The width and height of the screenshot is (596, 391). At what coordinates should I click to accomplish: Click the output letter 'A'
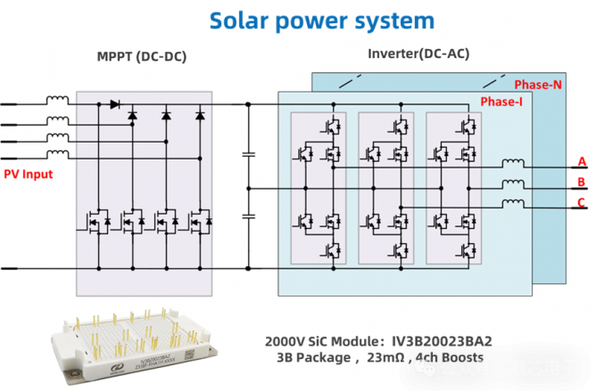[582, 161]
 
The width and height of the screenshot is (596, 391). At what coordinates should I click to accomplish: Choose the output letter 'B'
[582, 183]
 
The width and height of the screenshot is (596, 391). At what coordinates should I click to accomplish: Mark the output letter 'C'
[582, 203]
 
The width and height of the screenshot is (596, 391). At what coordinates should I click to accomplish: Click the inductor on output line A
[514, 164]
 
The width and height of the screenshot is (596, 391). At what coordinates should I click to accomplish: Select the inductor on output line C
[514, 204]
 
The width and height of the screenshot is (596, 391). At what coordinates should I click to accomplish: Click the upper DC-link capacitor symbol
[249, 155]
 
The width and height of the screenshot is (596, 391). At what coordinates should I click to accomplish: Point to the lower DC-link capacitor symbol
[249, 216]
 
